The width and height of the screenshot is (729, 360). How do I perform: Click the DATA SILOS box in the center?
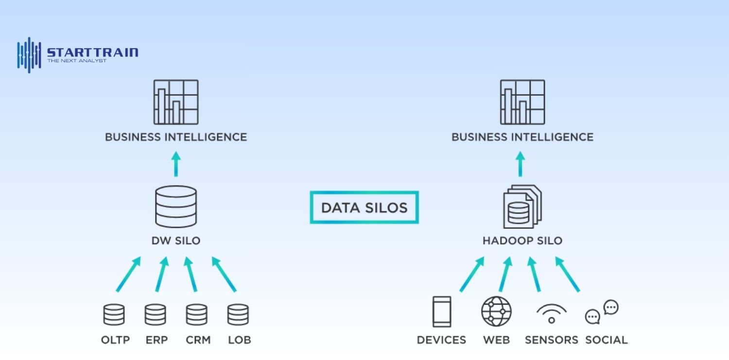(364, 207)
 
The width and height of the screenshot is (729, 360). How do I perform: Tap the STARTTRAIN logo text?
(92, 51)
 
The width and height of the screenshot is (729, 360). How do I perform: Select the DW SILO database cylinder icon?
(176, 206)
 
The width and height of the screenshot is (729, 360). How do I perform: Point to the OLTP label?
(115, 340)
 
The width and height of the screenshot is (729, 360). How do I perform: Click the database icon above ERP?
(155, 315)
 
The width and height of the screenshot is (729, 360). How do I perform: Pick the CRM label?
(198, 340)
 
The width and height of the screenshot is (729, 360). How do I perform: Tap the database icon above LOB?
(238, 315)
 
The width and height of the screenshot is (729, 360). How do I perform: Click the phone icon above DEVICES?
(442, 312)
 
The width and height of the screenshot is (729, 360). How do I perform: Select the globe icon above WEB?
(496, 311)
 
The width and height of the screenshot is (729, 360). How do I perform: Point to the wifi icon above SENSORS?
(552, 314)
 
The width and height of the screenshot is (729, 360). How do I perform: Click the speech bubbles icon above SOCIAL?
(601, 312)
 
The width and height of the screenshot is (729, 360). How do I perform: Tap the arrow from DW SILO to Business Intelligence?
(176, 164)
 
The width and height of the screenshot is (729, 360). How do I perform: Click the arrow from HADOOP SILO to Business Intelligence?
(520, 164)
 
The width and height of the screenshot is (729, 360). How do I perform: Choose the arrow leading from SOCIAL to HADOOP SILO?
(567, 274)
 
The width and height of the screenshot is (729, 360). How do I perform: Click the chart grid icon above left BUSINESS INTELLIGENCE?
(176, 102)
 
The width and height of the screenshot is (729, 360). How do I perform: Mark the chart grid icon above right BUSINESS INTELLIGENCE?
(522, 102)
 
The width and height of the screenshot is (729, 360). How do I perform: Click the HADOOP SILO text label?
(522, 240)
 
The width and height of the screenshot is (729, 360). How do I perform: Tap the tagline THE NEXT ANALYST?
(76, 61)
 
